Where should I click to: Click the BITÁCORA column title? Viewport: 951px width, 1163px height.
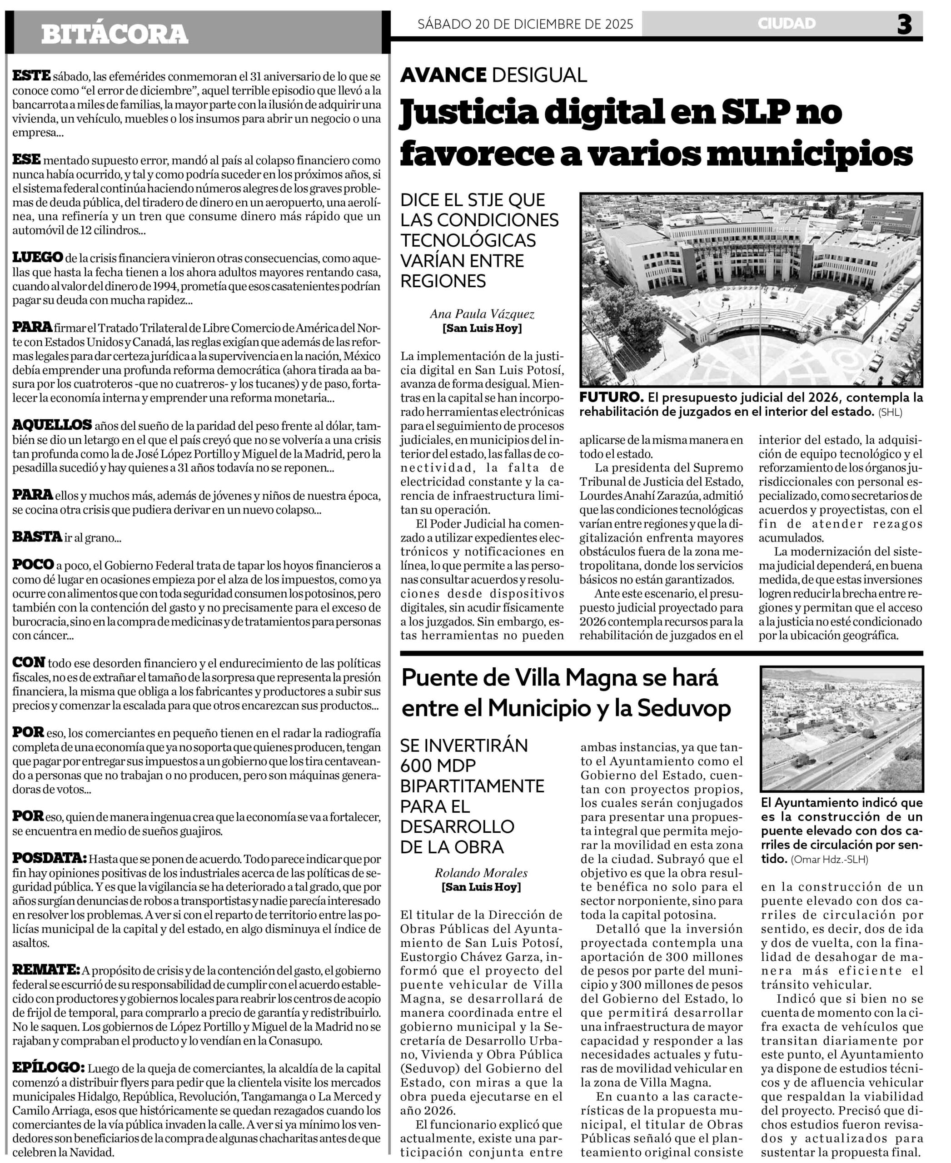115,34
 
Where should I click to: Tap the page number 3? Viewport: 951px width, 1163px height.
905,25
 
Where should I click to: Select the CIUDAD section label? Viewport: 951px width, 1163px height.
787,24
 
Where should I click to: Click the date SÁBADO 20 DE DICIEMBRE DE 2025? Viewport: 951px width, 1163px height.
525,24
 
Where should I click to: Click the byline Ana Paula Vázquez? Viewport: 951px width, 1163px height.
482,314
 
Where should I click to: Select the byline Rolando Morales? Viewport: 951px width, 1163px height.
481,873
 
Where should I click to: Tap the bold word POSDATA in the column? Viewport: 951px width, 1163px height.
49,858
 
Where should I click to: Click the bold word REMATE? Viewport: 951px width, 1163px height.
46,969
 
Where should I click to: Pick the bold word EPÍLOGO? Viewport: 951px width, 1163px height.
48,1067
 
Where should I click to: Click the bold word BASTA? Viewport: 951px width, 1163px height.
37,537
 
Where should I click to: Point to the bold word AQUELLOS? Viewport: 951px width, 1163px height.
52,425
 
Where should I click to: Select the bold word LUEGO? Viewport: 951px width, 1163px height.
38,258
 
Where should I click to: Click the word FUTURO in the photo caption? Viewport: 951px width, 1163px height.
612,397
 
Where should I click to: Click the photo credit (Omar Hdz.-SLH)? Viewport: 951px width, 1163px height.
829,860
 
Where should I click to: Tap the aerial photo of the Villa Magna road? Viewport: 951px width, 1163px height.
841,729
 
